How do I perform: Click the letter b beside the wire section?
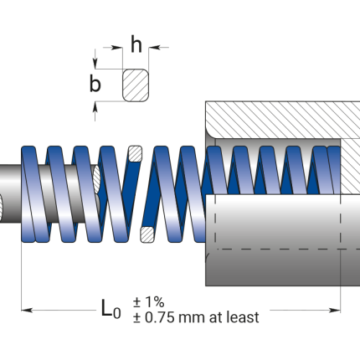click(x=95, y=84)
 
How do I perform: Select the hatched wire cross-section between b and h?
click(x=136, y=85)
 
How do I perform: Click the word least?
click(x=241, y=317)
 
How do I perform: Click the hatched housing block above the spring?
click(x=285, y=117)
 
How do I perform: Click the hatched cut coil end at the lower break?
click(x=147, y=231)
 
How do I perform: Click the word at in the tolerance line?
click(x=216, y=317)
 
